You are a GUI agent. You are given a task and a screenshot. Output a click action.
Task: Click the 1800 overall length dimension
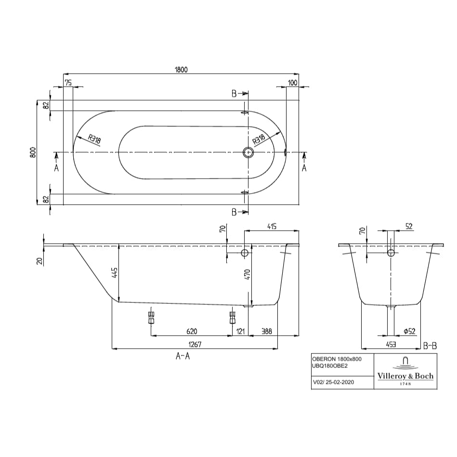pyautogui.click(x=181, y=69)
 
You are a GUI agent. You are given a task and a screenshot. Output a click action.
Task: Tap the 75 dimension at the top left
pyautogui.click(x=68, y=82)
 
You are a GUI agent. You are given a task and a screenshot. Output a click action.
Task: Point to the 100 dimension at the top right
pyautogui.click(x=292, y=82)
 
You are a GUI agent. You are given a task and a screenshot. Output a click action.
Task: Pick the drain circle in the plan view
pyautogui.click(x=248, y=153)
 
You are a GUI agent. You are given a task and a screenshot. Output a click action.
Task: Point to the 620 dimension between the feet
pyautogui.click(x=191, y=331)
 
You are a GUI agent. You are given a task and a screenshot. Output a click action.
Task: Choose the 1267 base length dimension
pyautogui.click(x=195, y=344)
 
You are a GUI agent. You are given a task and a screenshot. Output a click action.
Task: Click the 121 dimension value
pyautogui.click(x=240, y=331)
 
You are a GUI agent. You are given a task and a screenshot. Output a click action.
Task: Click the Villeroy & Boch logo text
pyautogui.click(x=405, y=376)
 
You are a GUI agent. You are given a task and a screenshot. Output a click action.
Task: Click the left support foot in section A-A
pyautogui.click(x=151, y=317)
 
